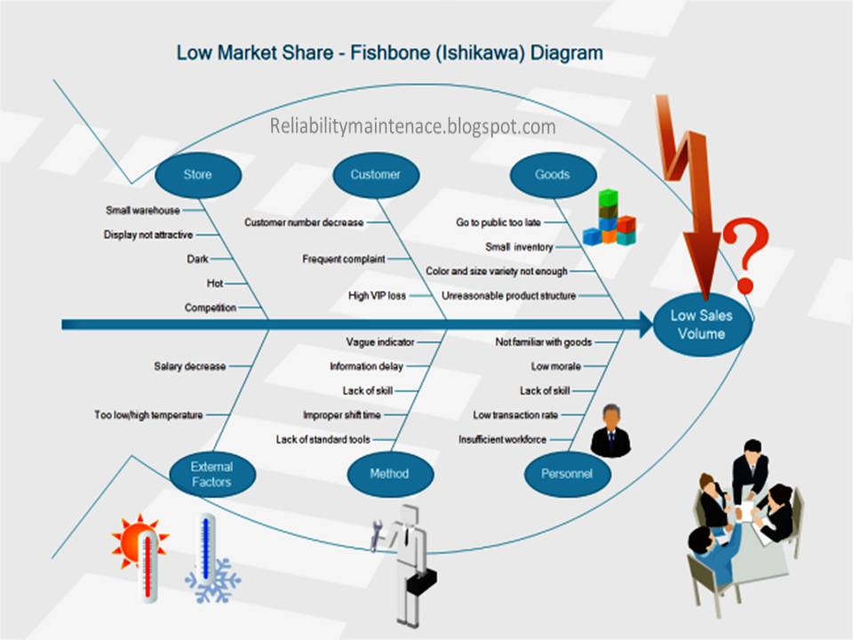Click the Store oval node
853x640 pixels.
pyautogui.click(x=197, y=175)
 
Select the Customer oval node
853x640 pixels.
pyautogui.click(x=375, y=175)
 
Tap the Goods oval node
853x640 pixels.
pyautogui.click(x=552, y=175)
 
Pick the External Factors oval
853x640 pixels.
pyautogui.click(x=211, y=474)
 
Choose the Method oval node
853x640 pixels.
pyautogui.click(x=389, y=474)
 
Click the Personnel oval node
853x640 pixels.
pyautogui.click(x=566, y=474)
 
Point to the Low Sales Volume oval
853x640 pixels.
pyautogui.click(x=702, y=325)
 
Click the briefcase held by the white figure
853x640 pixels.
pyautogui.click(x=422, y=582)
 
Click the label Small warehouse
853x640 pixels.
pyautogui.click(x=143, y=211)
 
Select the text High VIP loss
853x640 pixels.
pyautogui.click(x=377, y=295)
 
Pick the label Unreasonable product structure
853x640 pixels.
pyautogui.click(x=508, y=295)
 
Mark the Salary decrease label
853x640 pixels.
pyautogui.click(x=189, y=365)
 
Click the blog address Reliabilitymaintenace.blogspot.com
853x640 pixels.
pyautogui.click(x=413, y=126)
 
